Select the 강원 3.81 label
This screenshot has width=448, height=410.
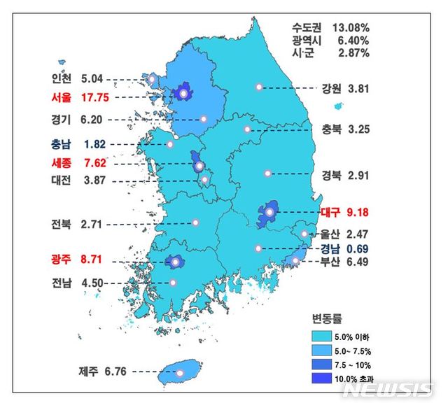click(x=345, y=88)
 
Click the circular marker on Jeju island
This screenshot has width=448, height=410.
click(x=179, y=372)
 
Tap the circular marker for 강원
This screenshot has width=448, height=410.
click(x=259, y=87)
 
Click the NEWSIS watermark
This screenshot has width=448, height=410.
click(x=393, y=389)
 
